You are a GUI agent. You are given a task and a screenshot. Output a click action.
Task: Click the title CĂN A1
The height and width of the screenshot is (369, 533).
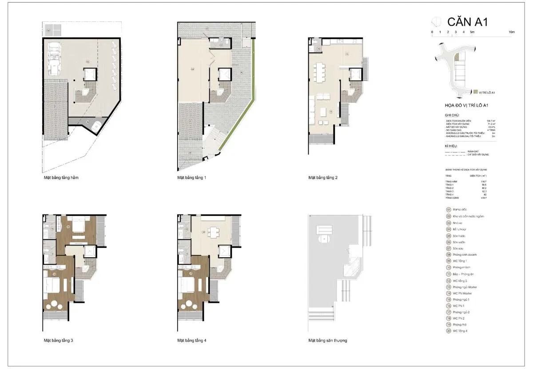coord(467,21)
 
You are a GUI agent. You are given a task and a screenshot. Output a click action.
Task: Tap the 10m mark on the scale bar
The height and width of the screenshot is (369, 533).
coord(512,32)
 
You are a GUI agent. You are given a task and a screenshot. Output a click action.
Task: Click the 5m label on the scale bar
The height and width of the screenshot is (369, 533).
coord(472,32)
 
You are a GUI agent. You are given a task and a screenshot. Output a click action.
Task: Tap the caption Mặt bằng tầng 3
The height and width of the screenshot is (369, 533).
coord(58,341)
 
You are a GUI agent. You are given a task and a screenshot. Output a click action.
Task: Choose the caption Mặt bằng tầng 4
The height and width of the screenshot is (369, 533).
coord(191,341)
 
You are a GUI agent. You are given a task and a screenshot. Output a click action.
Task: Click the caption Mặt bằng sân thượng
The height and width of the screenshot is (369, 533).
coord(328,341)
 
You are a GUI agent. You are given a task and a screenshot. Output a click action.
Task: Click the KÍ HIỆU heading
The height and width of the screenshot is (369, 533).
coord(451,146)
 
